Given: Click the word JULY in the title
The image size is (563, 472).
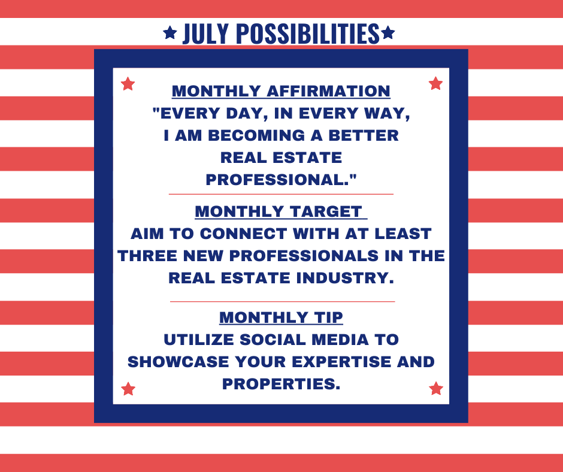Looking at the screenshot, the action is pyautogui.click(x=206, y=34).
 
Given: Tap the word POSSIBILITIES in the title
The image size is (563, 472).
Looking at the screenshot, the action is pyautogui.click(x=308, y=34).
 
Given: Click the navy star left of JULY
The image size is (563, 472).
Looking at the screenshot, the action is pyautogui.click(x=170, y=33).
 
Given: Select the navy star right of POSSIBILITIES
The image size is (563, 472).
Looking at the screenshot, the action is pyautogui.click(x=388, y=33).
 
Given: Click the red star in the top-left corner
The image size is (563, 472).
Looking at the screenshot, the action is pyautogui.click(x=128, y=84).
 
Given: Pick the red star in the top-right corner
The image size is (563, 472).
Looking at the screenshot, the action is pyautogui.click(x=435, y=83).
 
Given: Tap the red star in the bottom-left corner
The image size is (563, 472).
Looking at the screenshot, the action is pyautogui.click(x=128, y=389).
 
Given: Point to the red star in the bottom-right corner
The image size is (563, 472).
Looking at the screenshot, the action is pyautogui.click(x=436, y=388).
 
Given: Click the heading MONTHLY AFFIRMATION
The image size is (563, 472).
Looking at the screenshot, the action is pyautogui.click(x=281, y=91).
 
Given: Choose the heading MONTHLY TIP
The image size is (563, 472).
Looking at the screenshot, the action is pyautogui.click(x=281, y=317).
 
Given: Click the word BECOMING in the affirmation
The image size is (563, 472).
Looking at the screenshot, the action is pyautogui.click(x=256, y=135).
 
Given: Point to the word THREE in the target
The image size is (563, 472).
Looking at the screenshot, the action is pyautogui.click(x=147, y=256).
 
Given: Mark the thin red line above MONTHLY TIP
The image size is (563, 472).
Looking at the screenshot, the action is pyautogui.click(x=282, y=302).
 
